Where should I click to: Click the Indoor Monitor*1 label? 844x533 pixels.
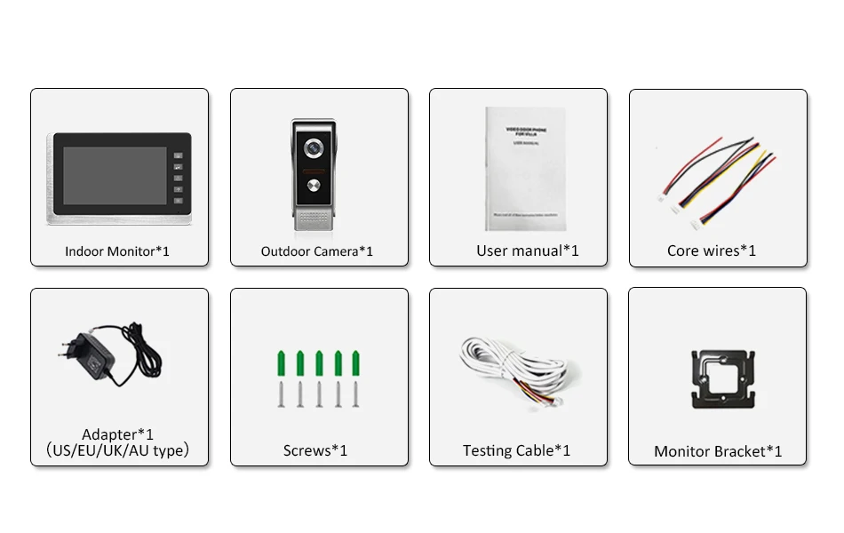117,251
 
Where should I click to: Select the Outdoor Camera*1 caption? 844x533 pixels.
317,251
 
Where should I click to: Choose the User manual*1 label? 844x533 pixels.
528,251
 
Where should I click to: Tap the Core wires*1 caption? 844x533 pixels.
712,251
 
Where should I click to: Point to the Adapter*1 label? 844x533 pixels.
117,434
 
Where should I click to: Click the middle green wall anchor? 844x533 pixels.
319,363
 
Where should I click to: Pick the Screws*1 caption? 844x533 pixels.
315,450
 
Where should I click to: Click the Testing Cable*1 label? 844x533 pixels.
516,450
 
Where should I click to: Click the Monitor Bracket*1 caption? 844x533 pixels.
718,451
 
